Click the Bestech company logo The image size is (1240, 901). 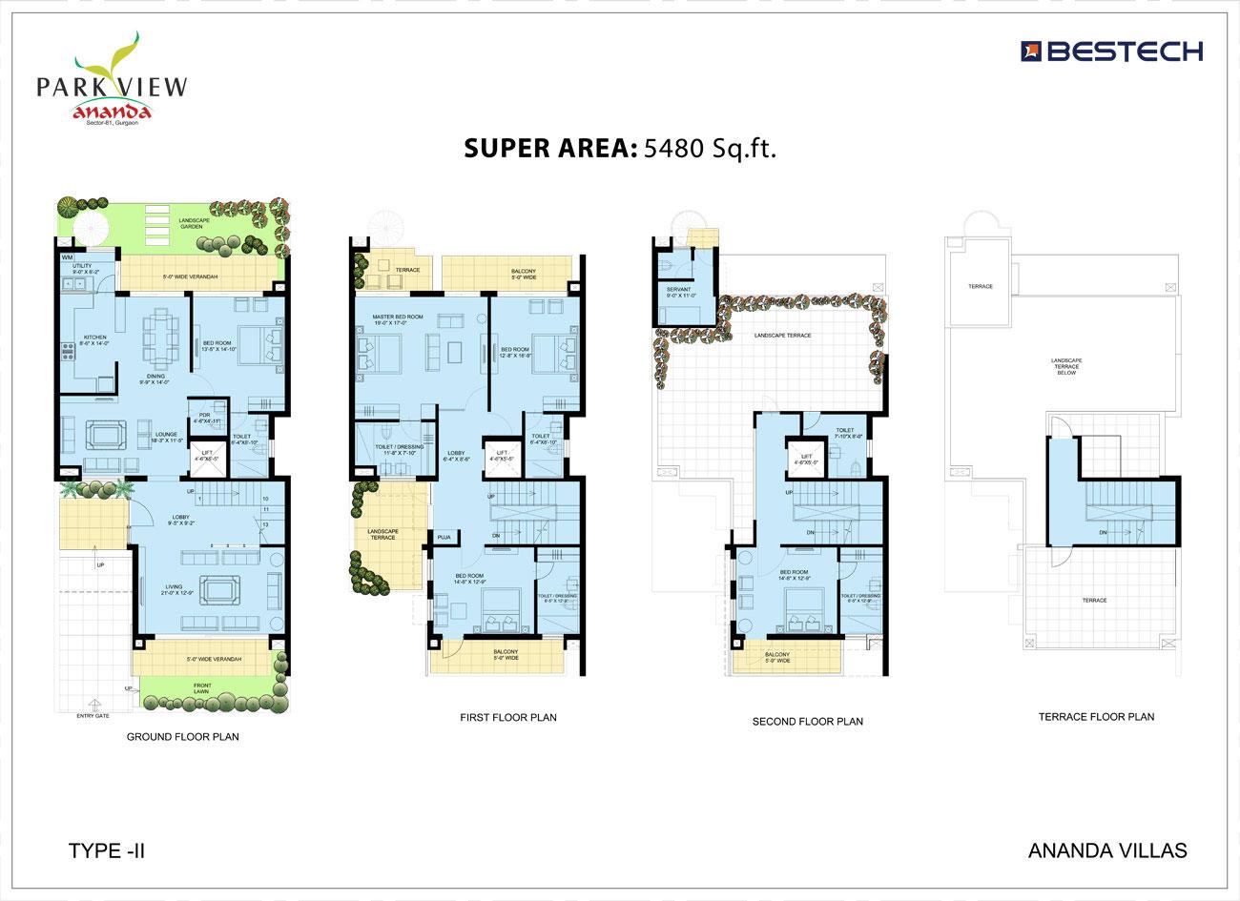(x=1112, y=51)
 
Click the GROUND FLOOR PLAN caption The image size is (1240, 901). (x=183, y=737)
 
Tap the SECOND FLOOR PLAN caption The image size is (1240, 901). (x=807, y=722)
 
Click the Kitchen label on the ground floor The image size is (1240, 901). (x=94, y=338)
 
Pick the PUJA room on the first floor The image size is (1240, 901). (x=444, y=538)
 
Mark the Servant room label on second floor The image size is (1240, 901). (x=678, y=292)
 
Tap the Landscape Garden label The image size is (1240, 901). (x=194, y=224)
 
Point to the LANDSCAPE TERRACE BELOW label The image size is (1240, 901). (x=1065, y=367)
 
